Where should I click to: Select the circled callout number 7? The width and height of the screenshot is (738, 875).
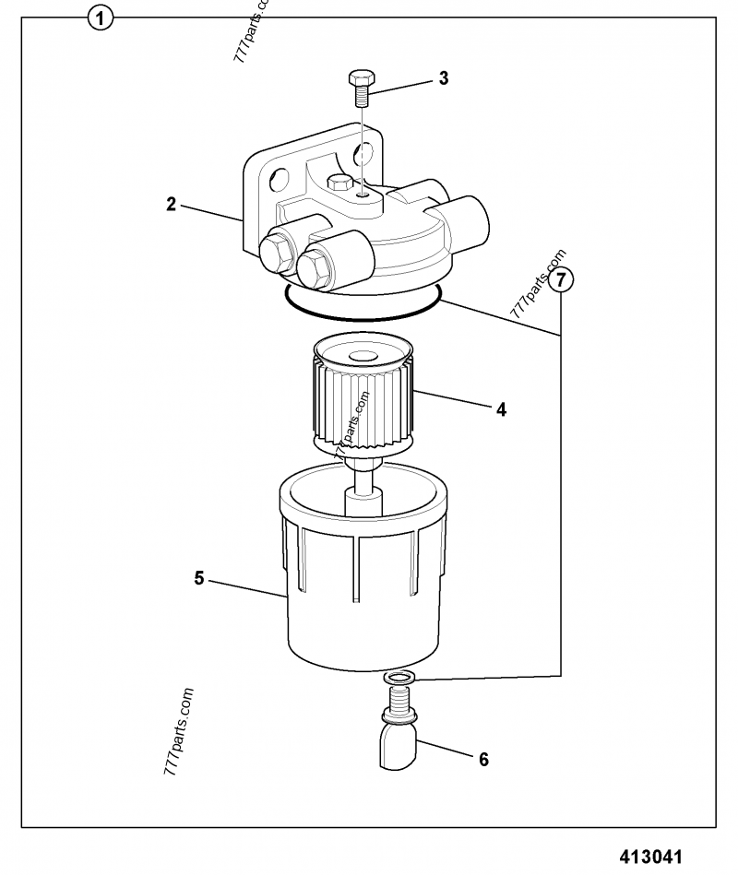[561, 278]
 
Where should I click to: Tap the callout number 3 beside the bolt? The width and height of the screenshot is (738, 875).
[444, 78]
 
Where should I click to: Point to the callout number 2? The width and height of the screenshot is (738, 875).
[171, 204]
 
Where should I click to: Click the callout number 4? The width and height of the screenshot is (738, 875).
[501, 409]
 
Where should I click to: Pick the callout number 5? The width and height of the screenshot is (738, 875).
[199, 578]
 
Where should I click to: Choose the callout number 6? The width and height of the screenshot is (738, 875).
[482, 759]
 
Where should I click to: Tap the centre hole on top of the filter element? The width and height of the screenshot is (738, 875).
[361, 355]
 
